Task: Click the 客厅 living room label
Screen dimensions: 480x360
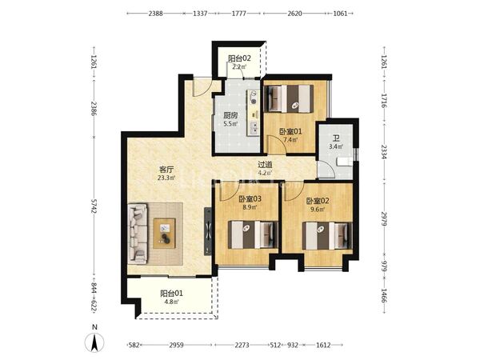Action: [166, 170]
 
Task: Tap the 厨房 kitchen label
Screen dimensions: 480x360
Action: [230, 116]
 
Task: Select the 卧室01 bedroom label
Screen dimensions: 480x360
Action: [290, 132]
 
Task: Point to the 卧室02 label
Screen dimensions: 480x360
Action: [318, 201]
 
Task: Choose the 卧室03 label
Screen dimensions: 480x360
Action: [250, 199]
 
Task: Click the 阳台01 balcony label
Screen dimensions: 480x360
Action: [171, 294]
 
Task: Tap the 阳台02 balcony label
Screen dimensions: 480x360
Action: [239, 58]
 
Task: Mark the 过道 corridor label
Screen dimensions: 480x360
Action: [265, 165]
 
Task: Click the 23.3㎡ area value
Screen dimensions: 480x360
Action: [166, 178]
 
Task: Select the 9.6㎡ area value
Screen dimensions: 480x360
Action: [318, 210]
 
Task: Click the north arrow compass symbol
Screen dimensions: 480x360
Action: [95, 342]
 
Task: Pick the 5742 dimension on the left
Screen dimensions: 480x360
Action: [94, 207]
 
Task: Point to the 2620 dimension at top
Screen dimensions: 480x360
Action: [294, 14]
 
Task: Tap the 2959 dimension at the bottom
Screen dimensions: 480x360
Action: [176, 346]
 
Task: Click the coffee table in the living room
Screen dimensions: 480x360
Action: [164, 233]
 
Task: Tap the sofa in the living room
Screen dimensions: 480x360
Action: [138, 234]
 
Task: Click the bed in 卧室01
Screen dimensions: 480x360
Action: [289, 98]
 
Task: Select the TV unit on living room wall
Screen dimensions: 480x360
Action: [208, 231]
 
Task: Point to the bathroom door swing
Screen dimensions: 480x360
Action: [325, 169]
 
